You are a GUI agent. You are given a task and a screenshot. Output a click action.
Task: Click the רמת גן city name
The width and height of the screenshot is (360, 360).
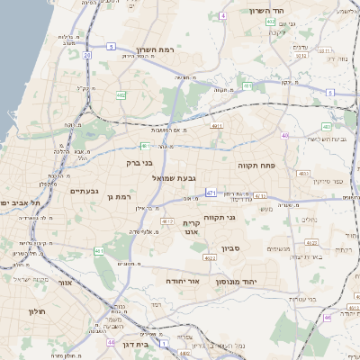pyautogui.click(x=118, y=196)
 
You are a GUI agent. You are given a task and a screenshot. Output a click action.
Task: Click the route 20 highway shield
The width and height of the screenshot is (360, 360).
pyautogui.click(x=87, y=55)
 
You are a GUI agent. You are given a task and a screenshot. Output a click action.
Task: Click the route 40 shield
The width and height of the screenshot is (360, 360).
pyautogui.click(x=284, y=135)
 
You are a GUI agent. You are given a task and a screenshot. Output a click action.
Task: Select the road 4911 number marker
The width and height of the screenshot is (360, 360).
pyautogui.click(x=216, y=127)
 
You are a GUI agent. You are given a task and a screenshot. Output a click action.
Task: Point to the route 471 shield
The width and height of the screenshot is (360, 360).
pyautogui.click(x=210, y=193)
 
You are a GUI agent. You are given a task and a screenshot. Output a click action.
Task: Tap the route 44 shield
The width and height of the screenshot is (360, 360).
pyautogui.click(x=110, y=342)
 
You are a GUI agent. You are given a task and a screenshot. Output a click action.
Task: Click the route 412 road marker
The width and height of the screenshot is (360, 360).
pyautogui.click(x=166, y=220)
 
